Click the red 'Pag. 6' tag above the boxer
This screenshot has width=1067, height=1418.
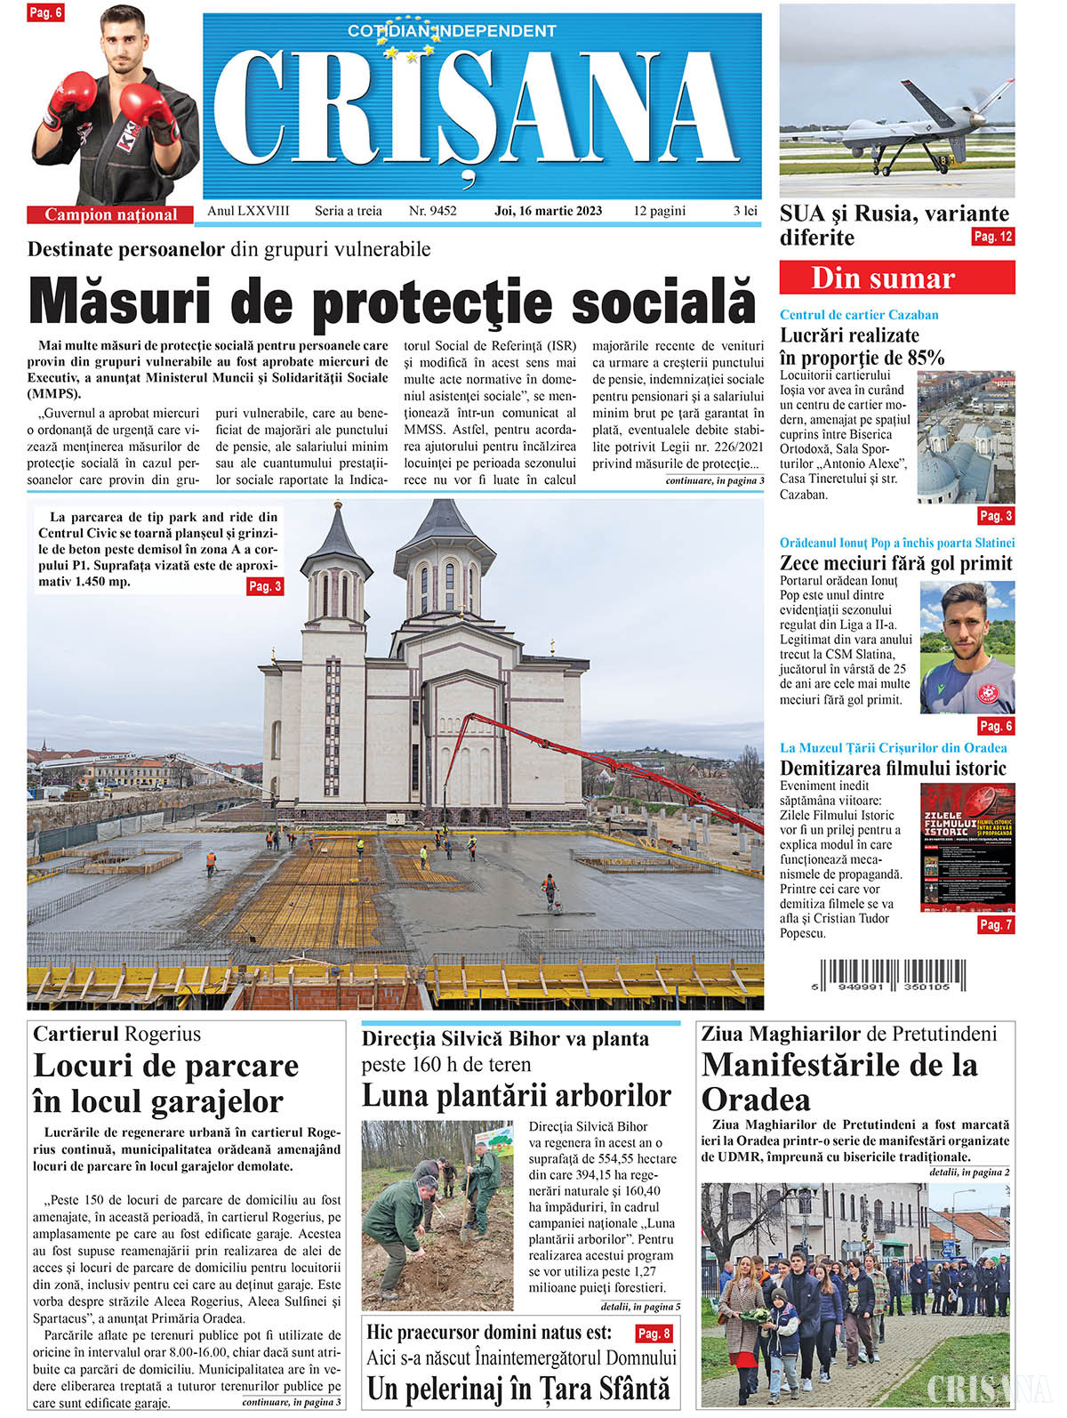[x=44, y=12]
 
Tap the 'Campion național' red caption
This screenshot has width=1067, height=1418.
[x=111, y=214]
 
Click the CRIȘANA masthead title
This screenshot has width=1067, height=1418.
[x=480, y=111]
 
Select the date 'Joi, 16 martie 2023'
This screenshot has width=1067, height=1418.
[x=548, y=211]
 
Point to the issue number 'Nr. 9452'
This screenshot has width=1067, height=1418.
[x=432, y=211]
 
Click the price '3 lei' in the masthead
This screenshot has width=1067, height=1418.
[x=745, y=211]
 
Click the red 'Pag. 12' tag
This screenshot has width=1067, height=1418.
[x=992, y=237]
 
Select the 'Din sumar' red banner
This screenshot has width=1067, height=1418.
[x=896, y=278]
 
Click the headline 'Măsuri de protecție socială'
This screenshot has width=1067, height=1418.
[x=392, y=302]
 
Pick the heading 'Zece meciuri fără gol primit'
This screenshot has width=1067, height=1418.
[x=895, y=563]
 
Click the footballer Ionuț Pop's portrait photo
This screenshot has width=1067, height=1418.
[x=967, y=647]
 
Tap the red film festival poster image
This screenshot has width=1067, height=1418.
[x=967, y=846]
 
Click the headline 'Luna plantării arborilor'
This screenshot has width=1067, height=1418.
[x=517, y=1095]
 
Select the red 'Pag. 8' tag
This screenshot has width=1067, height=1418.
[x=654, y=1333]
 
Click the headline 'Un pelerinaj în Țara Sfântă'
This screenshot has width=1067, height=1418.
[x=518, y=1389]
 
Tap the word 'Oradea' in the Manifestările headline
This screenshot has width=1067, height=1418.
[x=756, y=1100]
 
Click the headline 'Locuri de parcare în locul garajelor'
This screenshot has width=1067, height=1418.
[x=166, y=1084]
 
